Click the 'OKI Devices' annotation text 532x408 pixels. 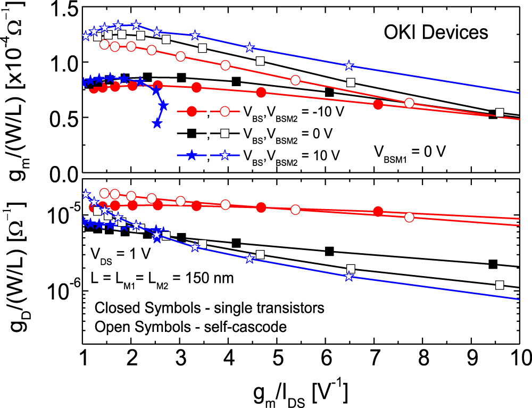pos(435,32)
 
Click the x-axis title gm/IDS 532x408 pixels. pos(301,392)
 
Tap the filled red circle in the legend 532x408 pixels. pos(193,111)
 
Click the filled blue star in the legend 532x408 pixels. pos(193,155)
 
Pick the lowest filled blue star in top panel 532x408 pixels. pos(157,123)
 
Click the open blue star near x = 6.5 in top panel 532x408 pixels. pos(348,65)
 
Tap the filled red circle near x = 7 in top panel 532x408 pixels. pos(378,104)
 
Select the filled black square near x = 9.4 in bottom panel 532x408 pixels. pos(493,264)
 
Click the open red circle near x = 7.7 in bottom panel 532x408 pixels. pos(409,217)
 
